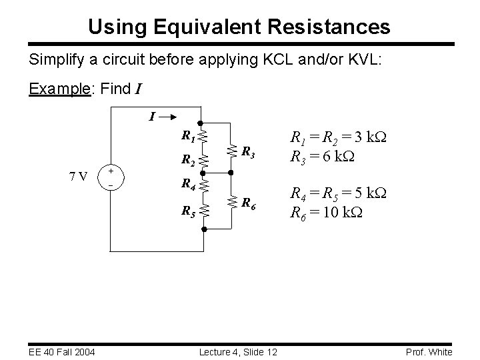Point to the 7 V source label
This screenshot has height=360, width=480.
pyautogui.click(x=79, y=177)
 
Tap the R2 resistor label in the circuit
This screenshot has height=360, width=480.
pyautogui.click(x=189, y=161)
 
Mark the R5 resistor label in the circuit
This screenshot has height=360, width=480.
pyautogui.click(x=189, y=213)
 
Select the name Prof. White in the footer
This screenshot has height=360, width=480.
pyautogui.click(x=429, y=352)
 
